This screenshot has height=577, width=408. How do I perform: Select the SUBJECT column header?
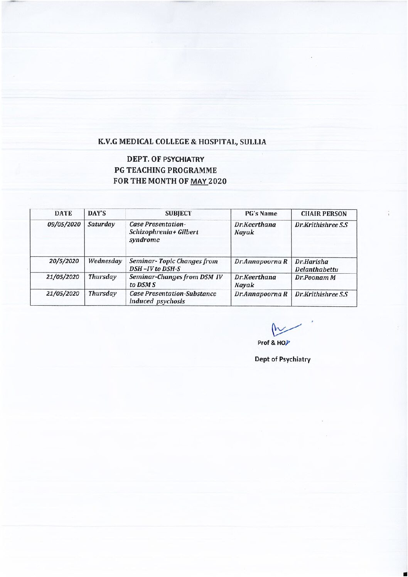click(178, 213)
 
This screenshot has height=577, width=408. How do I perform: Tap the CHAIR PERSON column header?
click(324, 214)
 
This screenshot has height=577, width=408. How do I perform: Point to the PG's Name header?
click(261, 213)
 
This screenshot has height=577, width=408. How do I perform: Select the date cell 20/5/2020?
click(64, 261)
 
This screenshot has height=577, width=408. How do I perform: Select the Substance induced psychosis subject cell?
click(173, 297)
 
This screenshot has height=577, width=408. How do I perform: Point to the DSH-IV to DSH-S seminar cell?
click(174, 265)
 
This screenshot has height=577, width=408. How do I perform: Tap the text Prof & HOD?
click(274, 343)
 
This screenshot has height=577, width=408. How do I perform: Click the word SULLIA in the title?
click(253, 141)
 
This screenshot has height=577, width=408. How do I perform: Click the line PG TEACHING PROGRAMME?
click(165, 170)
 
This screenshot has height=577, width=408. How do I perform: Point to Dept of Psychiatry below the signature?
click(282, 359)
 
